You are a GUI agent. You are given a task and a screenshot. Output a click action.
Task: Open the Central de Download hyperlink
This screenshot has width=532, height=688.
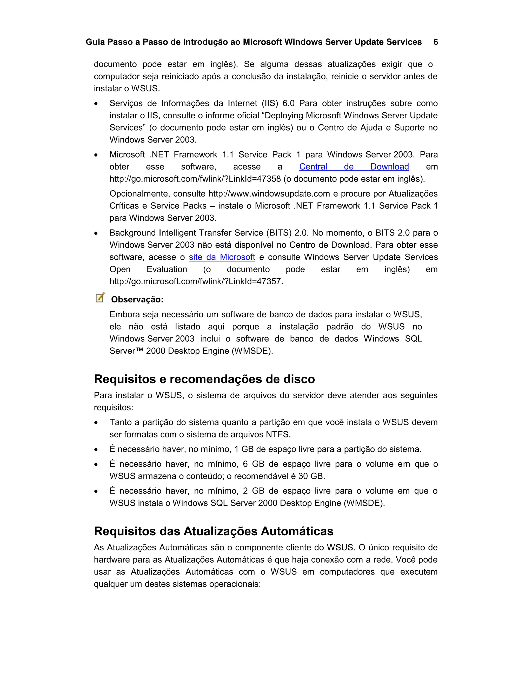pos(354,167)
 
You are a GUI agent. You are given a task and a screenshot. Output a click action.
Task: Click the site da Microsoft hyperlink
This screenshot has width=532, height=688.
pos(222,257)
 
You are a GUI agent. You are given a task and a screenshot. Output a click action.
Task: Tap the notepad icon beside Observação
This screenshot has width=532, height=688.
pos(100,298)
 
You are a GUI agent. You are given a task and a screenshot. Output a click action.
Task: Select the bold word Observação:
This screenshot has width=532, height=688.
pos(137,300)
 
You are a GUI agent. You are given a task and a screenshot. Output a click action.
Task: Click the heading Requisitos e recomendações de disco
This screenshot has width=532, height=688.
pos(204,379)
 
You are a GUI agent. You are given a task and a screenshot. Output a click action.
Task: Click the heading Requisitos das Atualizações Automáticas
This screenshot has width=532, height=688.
pos(213,531)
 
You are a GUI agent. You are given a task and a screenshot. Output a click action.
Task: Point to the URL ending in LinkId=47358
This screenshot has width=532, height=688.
pos(195,179)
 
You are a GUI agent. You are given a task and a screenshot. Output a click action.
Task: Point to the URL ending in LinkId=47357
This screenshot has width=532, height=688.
pos(196,281)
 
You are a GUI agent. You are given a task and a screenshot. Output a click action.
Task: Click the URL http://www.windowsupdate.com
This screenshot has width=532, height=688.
pos(269,193)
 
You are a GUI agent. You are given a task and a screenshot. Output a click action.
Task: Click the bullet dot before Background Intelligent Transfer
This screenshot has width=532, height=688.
pos(96,233)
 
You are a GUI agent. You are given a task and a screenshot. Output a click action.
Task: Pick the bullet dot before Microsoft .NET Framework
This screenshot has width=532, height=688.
pos(96,155)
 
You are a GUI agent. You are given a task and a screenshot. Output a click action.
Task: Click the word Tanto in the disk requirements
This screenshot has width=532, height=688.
pos(120,422)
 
